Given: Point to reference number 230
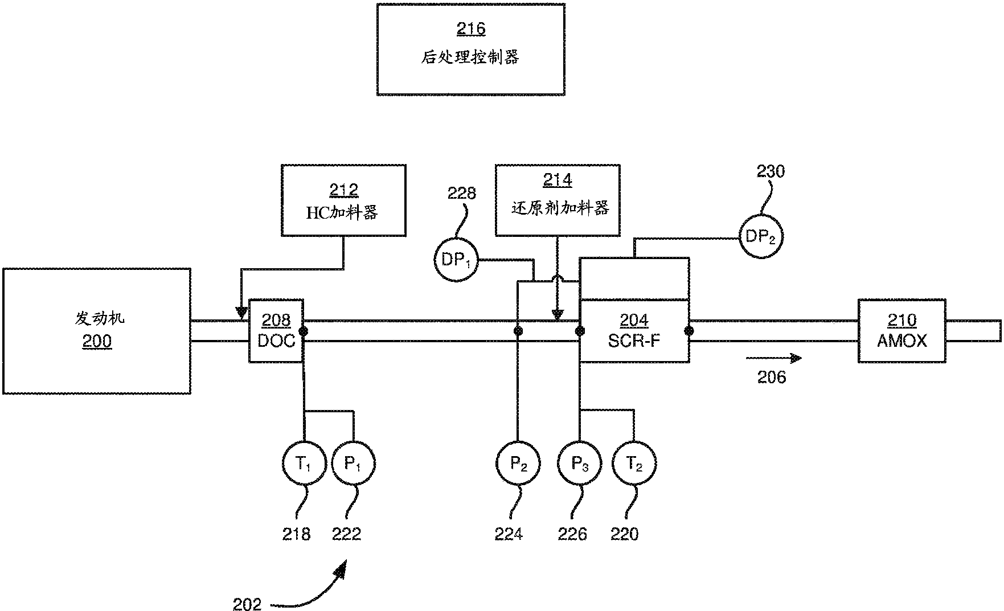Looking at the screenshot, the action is click(771, 171).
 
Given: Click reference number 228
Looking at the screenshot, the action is click(461, 194).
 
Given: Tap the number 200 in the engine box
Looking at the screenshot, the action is click(97, 342).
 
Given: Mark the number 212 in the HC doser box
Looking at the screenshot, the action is click(343, 190).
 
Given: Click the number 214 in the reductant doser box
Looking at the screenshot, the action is click(558, 181).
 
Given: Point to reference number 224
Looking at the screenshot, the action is click(509, 534).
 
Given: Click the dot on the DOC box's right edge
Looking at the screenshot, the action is click(304, 331).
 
